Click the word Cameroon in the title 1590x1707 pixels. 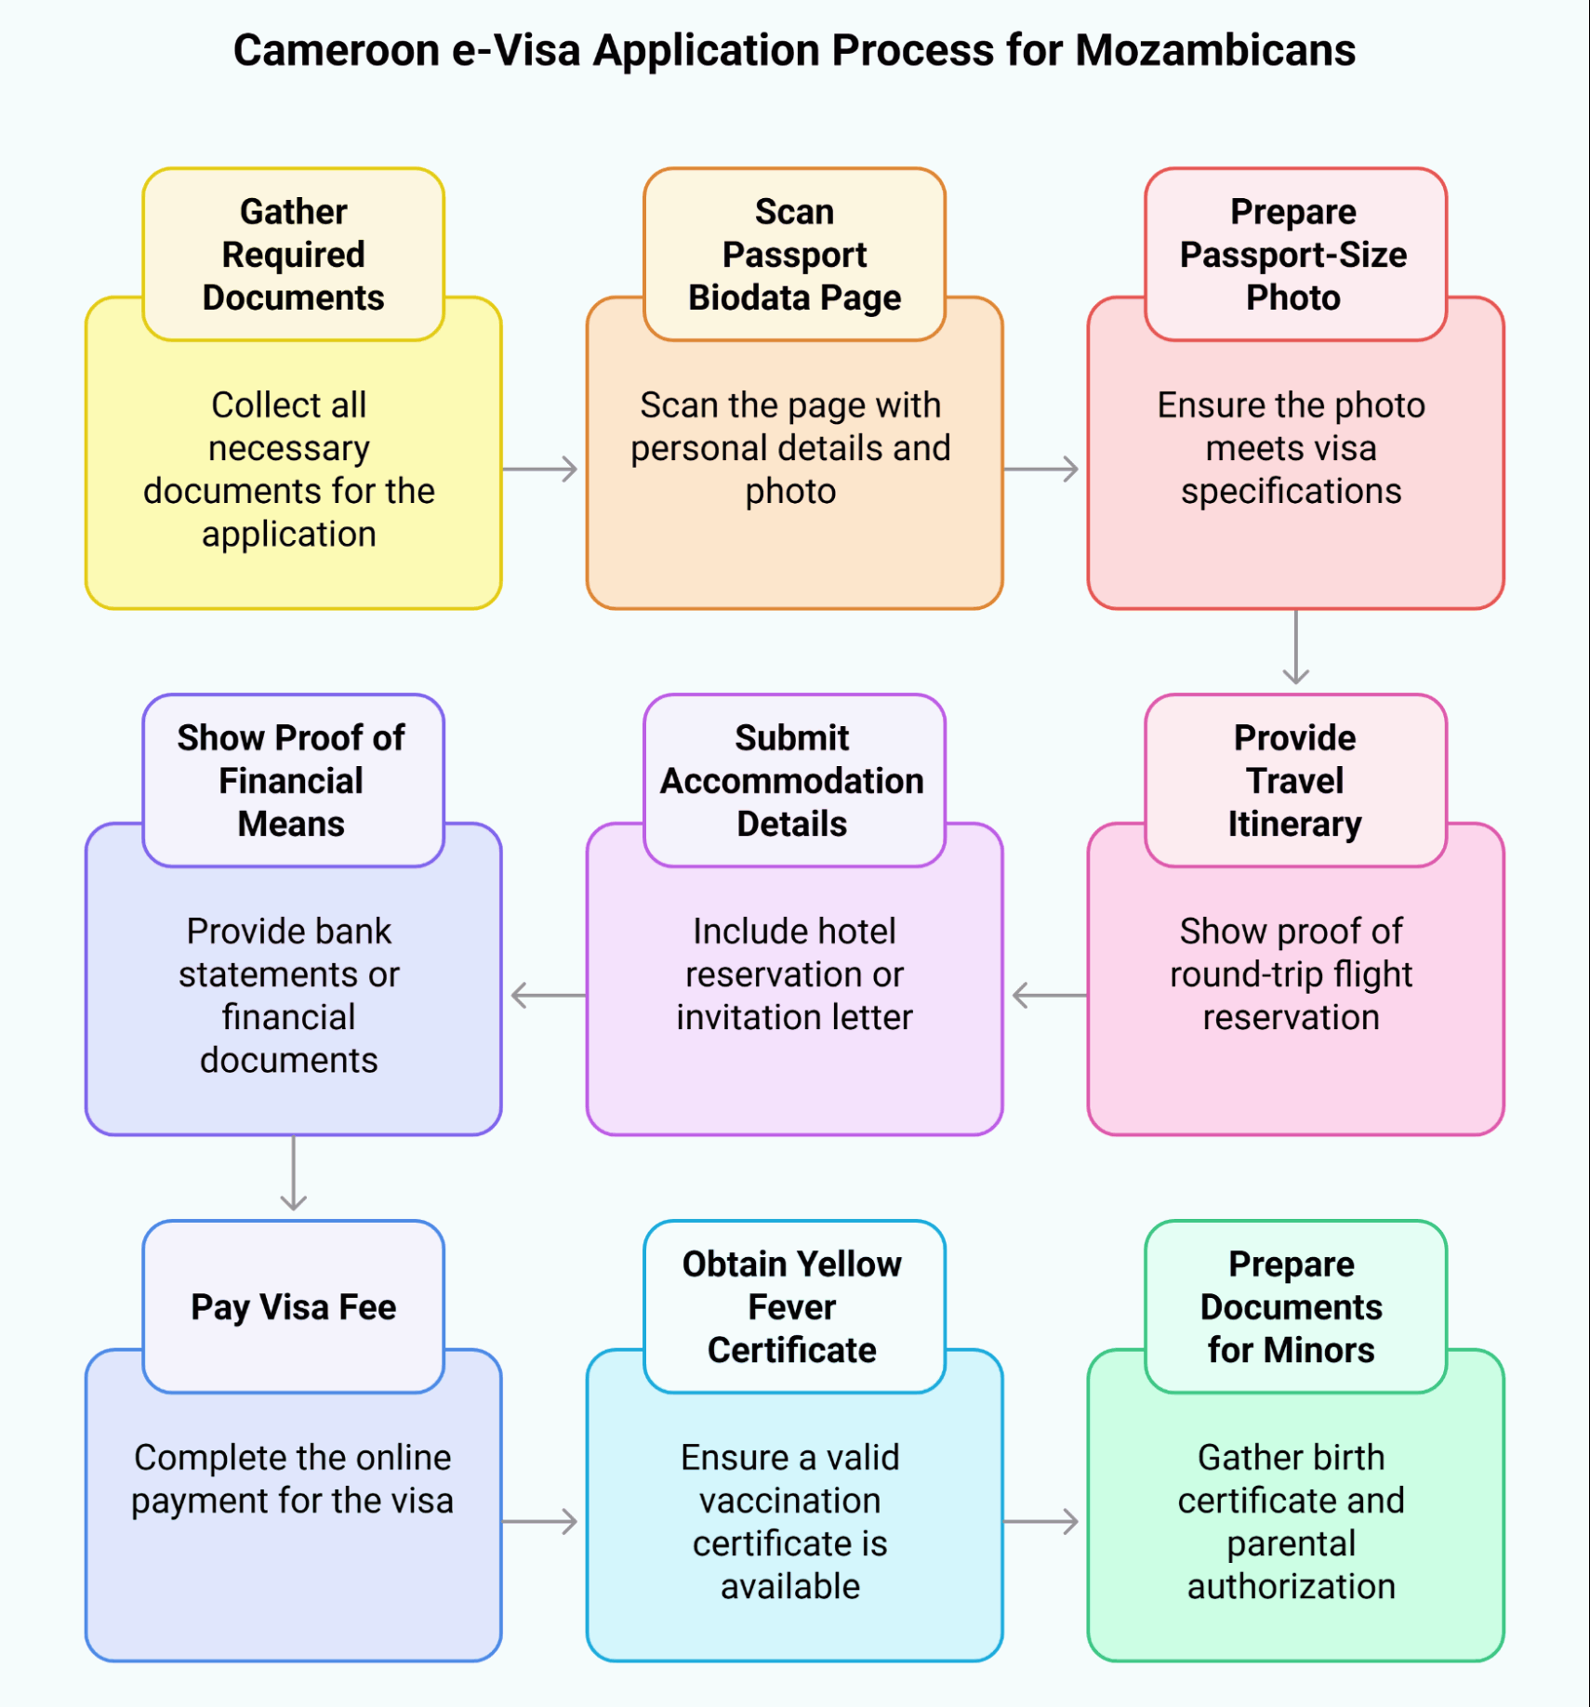336,51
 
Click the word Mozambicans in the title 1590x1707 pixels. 1215,51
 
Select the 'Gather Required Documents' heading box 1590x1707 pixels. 293,254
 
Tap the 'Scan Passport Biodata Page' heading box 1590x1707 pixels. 794,254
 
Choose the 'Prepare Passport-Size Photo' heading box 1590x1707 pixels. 1294,254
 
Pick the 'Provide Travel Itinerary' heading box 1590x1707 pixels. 1294,780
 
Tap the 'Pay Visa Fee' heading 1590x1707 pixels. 293,1306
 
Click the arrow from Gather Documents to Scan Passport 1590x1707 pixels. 542,469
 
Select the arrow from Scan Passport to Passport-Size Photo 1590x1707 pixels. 1043,469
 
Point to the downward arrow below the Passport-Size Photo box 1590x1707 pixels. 1295,648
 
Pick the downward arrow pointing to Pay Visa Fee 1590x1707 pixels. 293,1174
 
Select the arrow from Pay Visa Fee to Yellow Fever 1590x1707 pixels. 542,1521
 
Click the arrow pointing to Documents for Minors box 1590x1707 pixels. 1043,1521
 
